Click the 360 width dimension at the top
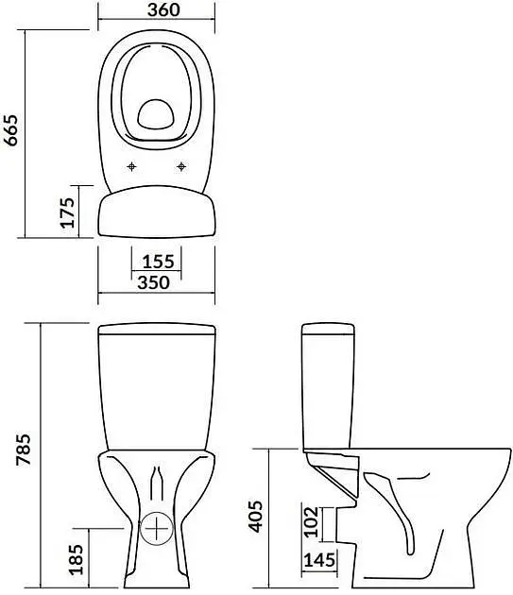click(x=163, y=9)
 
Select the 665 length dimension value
click(x=10, y=130)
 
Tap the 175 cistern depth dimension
click(x=68, y=212)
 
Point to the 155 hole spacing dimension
click(x=158, y=262)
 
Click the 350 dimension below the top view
click(x=153, y=282)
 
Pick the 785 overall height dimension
click(x=23, y=450)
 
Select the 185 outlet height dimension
click(x=76, y=559)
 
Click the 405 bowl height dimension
click(x=255, y=517)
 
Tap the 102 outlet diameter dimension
click(x=311, y=521)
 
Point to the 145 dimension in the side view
click(x=319, y=560)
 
